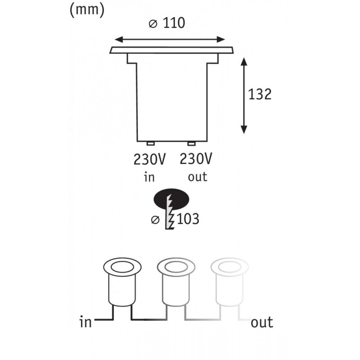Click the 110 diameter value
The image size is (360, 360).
tap(174, 23)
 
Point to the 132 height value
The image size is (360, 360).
tap(260, 94)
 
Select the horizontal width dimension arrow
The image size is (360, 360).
tap(171, 39)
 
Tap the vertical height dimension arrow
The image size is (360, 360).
tap(244, 95)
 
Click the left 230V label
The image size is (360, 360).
tap(149, 159)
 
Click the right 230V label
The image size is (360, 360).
tap(196, 159)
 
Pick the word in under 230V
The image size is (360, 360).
tap(149, 177)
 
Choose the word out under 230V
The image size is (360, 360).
tap(198, 177)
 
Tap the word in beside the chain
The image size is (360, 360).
tap(85, 322)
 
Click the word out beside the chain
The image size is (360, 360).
tap(262, 322)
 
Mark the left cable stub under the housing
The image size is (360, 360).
tap(151, 144)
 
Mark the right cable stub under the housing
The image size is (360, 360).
tap(192, 144)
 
